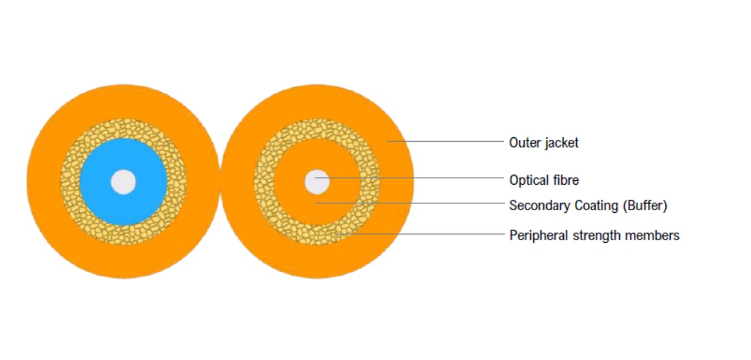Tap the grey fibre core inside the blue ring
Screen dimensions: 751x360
124,182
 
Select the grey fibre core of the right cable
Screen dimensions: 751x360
317,182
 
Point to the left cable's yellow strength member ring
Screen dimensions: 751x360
70,182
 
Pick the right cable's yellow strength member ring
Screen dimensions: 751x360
264,182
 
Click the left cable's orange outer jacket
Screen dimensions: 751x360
44,182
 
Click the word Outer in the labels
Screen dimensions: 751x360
525,143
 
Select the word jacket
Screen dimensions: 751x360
562,144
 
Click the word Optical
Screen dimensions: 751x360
530,180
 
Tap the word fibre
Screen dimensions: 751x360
566,180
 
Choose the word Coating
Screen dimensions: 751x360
596,206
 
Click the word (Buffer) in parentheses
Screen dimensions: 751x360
645,206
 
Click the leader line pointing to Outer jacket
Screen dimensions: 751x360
445,141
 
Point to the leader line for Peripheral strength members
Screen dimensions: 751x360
420,234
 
